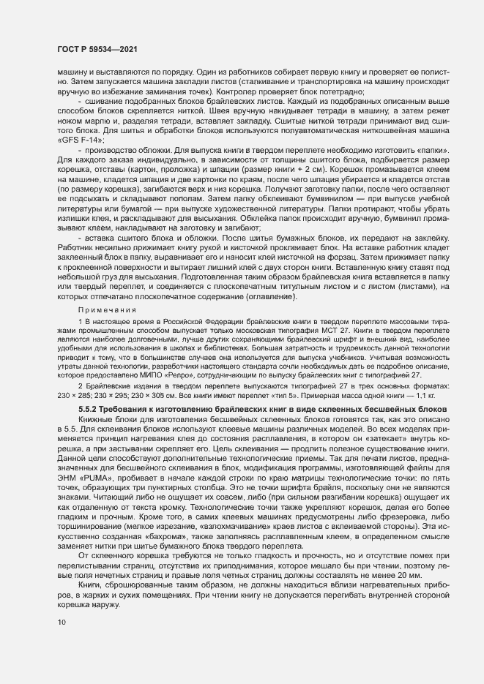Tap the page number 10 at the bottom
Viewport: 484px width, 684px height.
(61, 622)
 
